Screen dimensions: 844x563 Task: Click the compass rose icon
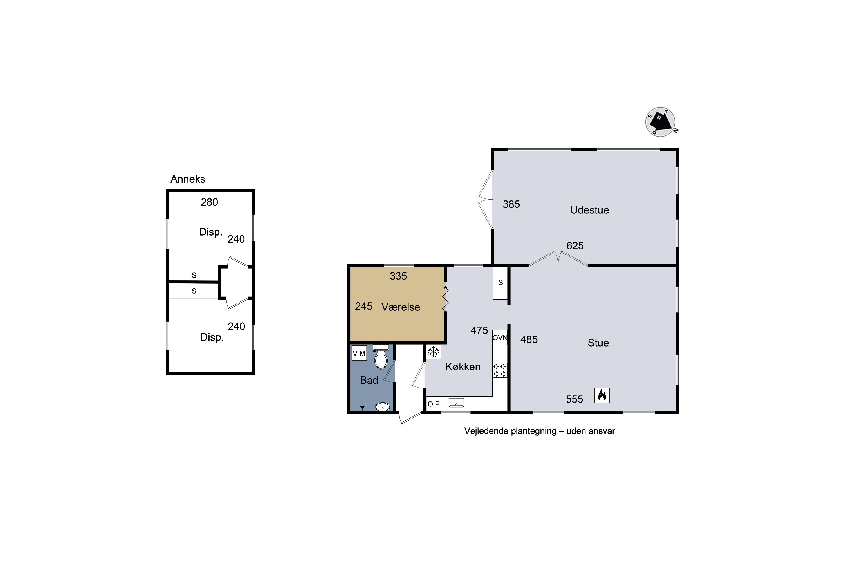click(x=661, y=122)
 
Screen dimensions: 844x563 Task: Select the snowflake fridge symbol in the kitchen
click(x=434, y=352)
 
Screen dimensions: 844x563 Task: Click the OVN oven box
click(x=500, y=338)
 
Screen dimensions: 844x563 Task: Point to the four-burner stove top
click(x=500, y=370)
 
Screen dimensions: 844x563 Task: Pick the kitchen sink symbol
click(x=456, y=403)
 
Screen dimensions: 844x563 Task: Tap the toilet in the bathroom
click(x=381, y=357)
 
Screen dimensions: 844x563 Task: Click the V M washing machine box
click(x=359, y=353)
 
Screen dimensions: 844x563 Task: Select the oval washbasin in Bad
click(x=383, y=406)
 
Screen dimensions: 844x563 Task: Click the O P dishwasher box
click(x=434, y=404)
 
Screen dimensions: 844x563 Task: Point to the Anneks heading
click(x=188, y=179)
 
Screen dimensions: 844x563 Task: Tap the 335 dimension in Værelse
click(x=398, y=276)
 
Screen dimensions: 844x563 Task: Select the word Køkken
click(x=463, y=367)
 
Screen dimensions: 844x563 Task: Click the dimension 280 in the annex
click(x=209, y=202)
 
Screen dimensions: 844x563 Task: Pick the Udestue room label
click(x=590, y=210)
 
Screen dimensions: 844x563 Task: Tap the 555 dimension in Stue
click(x=574, y=399)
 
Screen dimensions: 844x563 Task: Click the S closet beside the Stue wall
click(x=500, y=283)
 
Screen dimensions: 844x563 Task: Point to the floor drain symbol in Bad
click(x=362, y=407)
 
